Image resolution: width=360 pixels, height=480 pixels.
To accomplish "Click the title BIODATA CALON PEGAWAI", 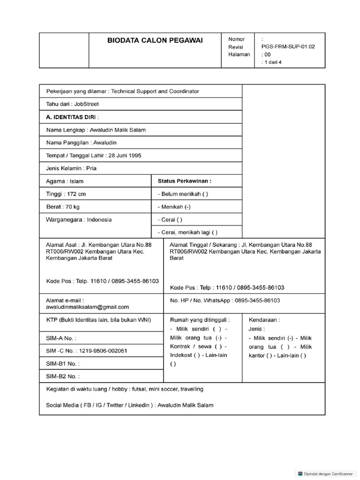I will click(155, 40).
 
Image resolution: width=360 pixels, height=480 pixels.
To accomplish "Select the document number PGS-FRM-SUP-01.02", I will click(288, 47).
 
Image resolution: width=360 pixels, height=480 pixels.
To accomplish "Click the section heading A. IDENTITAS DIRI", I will click(73, 117).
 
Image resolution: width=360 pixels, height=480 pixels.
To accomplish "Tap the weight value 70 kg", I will click(72, 207).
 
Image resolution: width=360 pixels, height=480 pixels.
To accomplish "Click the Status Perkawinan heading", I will click(184, 180).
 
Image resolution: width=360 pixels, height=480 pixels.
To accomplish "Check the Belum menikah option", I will click(183, 194).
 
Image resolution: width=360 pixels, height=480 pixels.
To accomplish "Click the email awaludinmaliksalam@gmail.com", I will click(87, 307).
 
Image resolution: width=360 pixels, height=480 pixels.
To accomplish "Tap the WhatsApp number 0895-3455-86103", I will click(257, 300).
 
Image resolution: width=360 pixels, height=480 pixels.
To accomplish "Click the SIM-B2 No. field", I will click(63, 376).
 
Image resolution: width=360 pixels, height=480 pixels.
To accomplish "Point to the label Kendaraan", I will click(264, 320).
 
